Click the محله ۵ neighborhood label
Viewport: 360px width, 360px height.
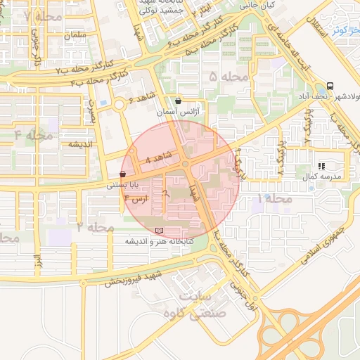[229, 77]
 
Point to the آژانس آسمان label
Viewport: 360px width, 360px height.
[191, 112]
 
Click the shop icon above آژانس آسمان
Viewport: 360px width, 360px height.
[177, 101]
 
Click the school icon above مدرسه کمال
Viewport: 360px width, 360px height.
[321, 167]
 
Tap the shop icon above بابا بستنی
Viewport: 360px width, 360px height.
[123, 174]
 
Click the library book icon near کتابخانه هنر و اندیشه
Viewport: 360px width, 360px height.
[159, 231]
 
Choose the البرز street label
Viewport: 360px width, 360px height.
[37, 257]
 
